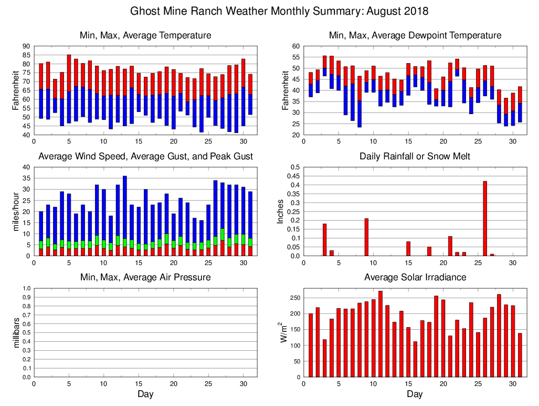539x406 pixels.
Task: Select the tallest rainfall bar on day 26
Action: [485, 218]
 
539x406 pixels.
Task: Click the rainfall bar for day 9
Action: [366, 237]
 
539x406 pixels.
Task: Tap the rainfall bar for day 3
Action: [325, 240]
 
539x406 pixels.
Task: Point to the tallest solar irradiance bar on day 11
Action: [381, 334]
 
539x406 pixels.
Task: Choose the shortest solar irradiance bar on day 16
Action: [415, 359]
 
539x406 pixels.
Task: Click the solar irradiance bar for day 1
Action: [311, 345]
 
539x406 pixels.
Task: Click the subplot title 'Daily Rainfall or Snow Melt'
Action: [415, 156]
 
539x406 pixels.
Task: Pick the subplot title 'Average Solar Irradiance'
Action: [415, 277]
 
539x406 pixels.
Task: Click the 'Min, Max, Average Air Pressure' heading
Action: [145, 277]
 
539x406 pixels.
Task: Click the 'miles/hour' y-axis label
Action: [16, 211]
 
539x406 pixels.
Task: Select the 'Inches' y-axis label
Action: [280, 211]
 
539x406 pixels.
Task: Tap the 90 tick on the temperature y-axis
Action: [26, 46]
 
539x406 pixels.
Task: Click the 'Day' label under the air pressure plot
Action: [145, 394]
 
